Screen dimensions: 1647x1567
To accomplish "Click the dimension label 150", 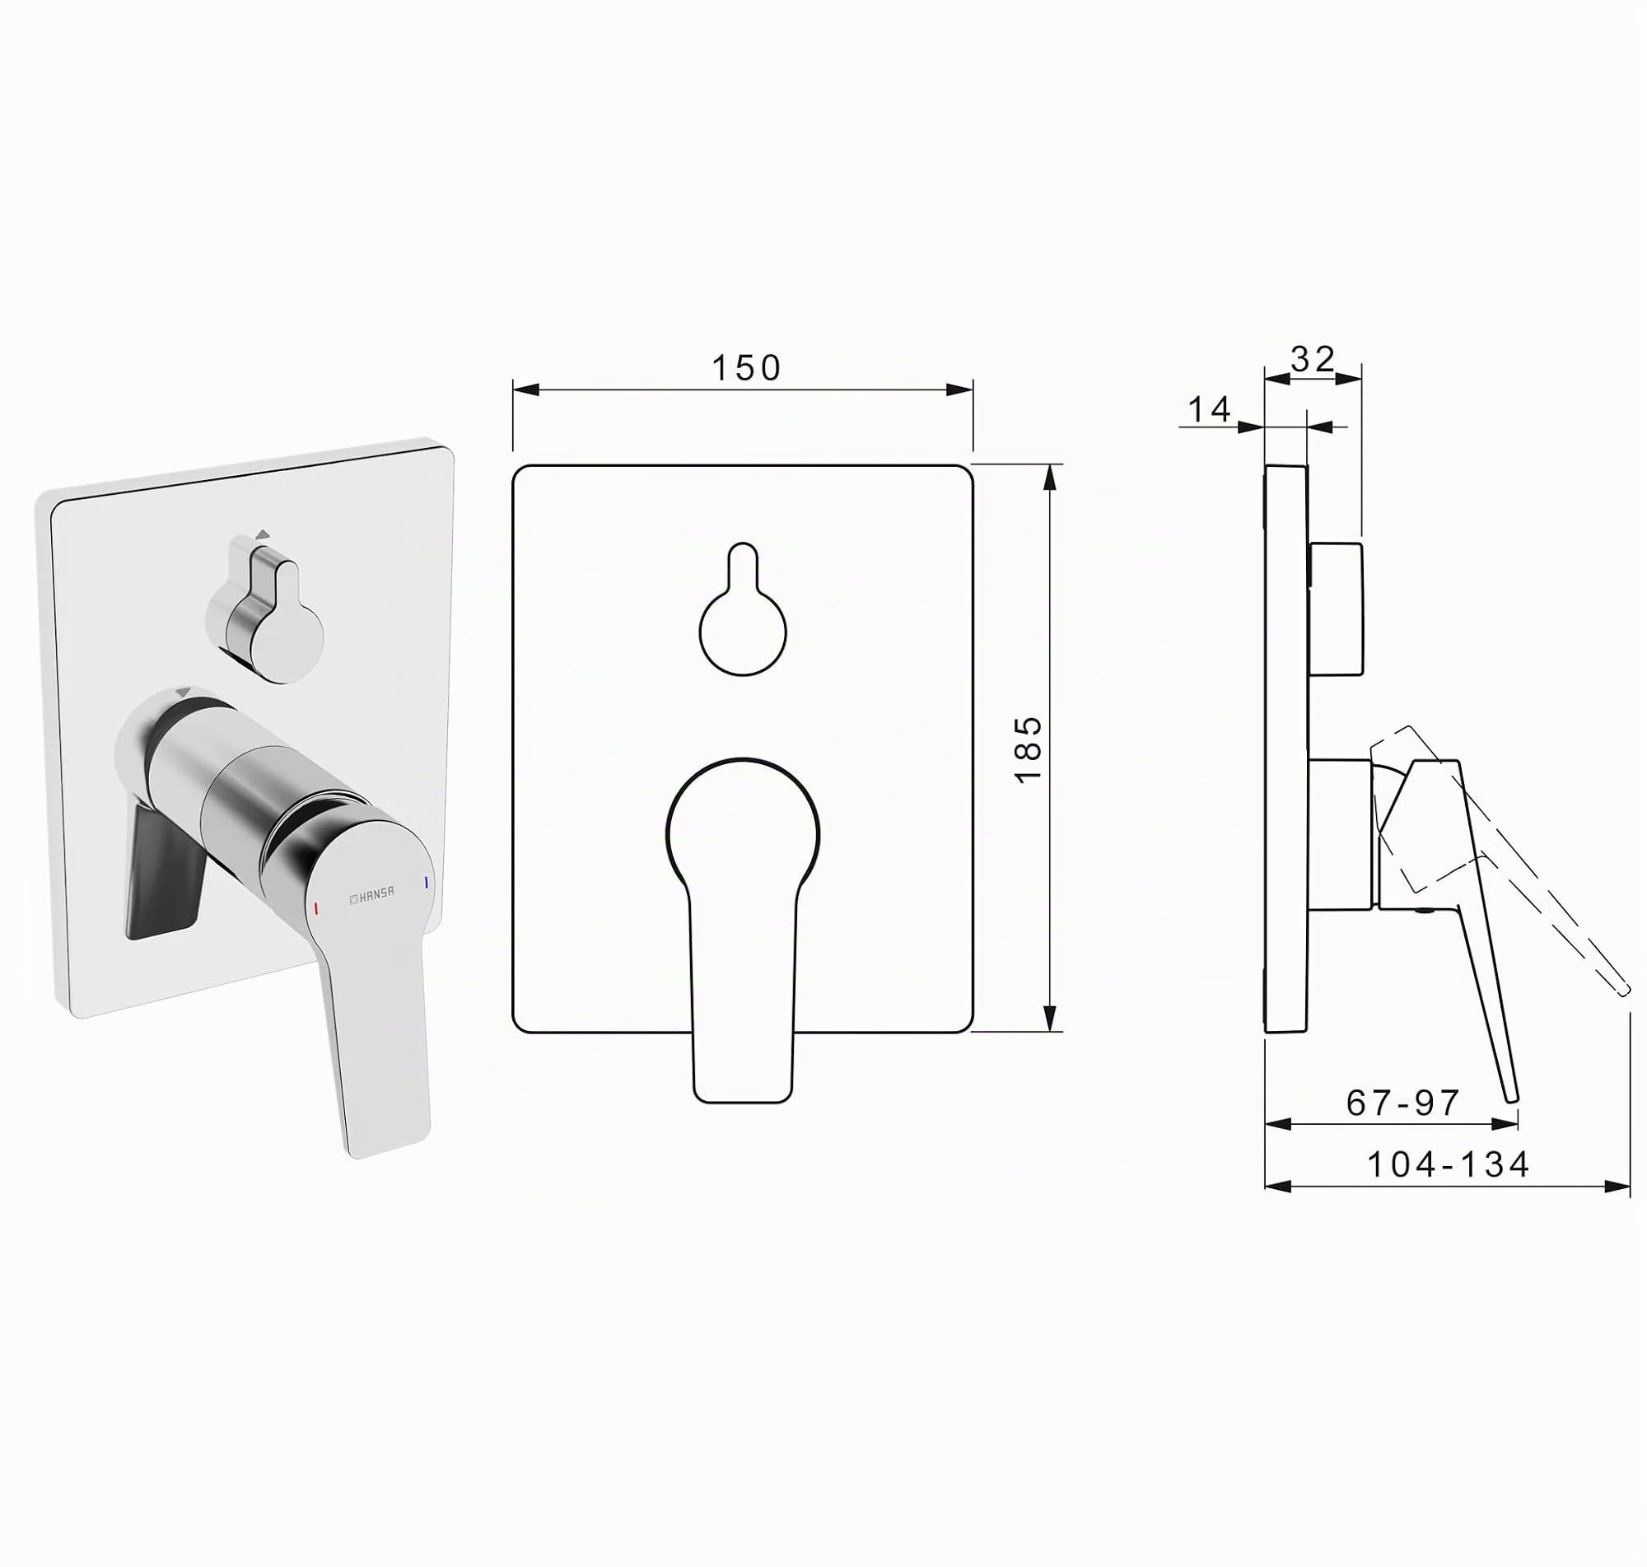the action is [x=746, y=368].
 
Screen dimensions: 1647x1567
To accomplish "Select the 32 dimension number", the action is [x=1313, y=359].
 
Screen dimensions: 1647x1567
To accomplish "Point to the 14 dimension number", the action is [x=1210, y=409].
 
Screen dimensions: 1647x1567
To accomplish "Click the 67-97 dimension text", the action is [x=1403, y=1103].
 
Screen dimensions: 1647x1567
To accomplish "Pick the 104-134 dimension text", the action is [x=1449, y=1164].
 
